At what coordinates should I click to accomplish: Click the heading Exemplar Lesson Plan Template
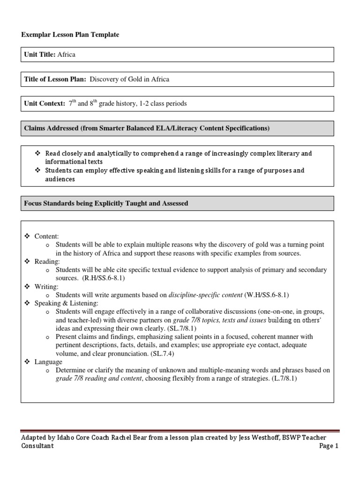[x=70, y=35]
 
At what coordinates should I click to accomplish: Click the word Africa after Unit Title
[x=66, y=54]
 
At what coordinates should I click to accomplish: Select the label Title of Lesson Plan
[x=55, y=79]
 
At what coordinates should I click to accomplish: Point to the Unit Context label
[x=45, y=104]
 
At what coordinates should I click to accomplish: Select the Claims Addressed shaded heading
[x=146, y=128]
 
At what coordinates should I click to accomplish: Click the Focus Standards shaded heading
[x=106, y=203]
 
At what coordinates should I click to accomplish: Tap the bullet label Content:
[x=47, y=237]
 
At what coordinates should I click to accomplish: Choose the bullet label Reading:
[x=47, y=262]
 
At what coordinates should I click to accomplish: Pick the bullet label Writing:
[x=46, y=286]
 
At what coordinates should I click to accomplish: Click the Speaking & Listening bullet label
[x=61, y=303]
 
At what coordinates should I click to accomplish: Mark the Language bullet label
[x=48, y=362]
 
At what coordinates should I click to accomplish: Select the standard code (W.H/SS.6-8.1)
[x=267, y=295]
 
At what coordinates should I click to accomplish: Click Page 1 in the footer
[x=329, y=446]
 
